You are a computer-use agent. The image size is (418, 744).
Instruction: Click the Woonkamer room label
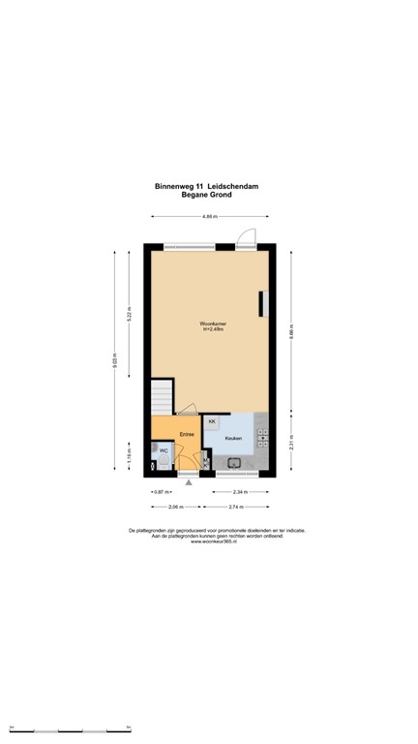coord(212,325)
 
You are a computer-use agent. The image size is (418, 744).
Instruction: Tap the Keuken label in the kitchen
coord(232,439)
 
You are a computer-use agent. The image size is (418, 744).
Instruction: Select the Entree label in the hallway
coord(186,435)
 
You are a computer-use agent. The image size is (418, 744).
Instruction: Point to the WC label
coord(164,450)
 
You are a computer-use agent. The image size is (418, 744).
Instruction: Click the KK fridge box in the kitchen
coord(212,423)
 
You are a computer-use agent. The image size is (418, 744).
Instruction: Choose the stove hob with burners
coord(261,438)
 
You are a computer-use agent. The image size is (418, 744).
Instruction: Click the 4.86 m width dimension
coord(208,216)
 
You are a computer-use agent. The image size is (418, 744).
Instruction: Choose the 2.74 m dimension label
coord(234,507)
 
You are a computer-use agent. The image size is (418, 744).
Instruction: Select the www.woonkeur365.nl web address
coord(208,541)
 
